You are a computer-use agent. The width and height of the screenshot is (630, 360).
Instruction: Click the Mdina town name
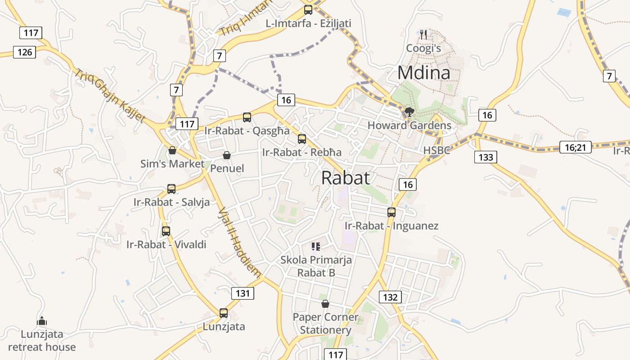click(423, 72)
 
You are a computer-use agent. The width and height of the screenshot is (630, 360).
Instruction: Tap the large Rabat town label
click(346, 178)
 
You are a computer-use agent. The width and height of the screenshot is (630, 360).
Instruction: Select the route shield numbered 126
click(24, 52)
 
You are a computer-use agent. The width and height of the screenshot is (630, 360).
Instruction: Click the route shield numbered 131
click(243, 294)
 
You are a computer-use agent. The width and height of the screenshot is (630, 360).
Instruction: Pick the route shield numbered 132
click(390, 297)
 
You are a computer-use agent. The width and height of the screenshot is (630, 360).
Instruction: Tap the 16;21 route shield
click(575, 147)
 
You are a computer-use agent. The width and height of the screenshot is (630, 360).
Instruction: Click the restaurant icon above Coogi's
click(423, 34)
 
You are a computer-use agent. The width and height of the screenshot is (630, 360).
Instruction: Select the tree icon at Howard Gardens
click(409, 112)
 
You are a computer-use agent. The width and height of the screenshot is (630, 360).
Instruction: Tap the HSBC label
click(436, 150)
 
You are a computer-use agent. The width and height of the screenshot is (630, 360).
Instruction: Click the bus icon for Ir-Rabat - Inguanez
click(391, 212)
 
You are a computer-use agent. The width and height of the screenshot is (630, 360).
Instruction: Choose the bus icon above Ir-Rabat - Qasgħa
click(247, 117)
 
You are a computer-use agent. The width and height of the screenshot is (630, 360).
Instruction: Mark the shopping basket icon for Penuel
click(227, 155)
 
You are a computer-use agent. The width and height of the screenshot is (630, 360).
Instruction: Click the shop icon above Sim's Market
click(172, 150)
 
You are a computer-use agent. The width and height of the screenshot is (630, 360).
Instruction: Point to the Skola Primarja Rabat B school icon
click(316, 246)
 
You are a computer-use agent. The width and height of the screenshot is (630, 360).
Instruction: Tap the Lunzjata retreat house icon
click(42, 321)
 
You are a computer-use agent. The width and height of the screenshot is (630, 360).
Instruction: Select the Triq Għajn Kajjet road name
click(110, 96)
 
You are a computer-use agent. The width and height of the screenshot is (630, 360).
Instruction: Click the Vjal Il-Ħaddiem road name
click(239, 242)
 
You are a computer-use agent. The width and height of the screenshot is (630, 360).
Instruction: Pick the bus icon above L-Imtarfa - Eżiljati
click(308, 9)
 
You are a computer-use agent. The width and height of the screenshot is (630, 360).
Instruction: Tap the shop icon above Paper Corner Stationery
click(325, 304)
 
